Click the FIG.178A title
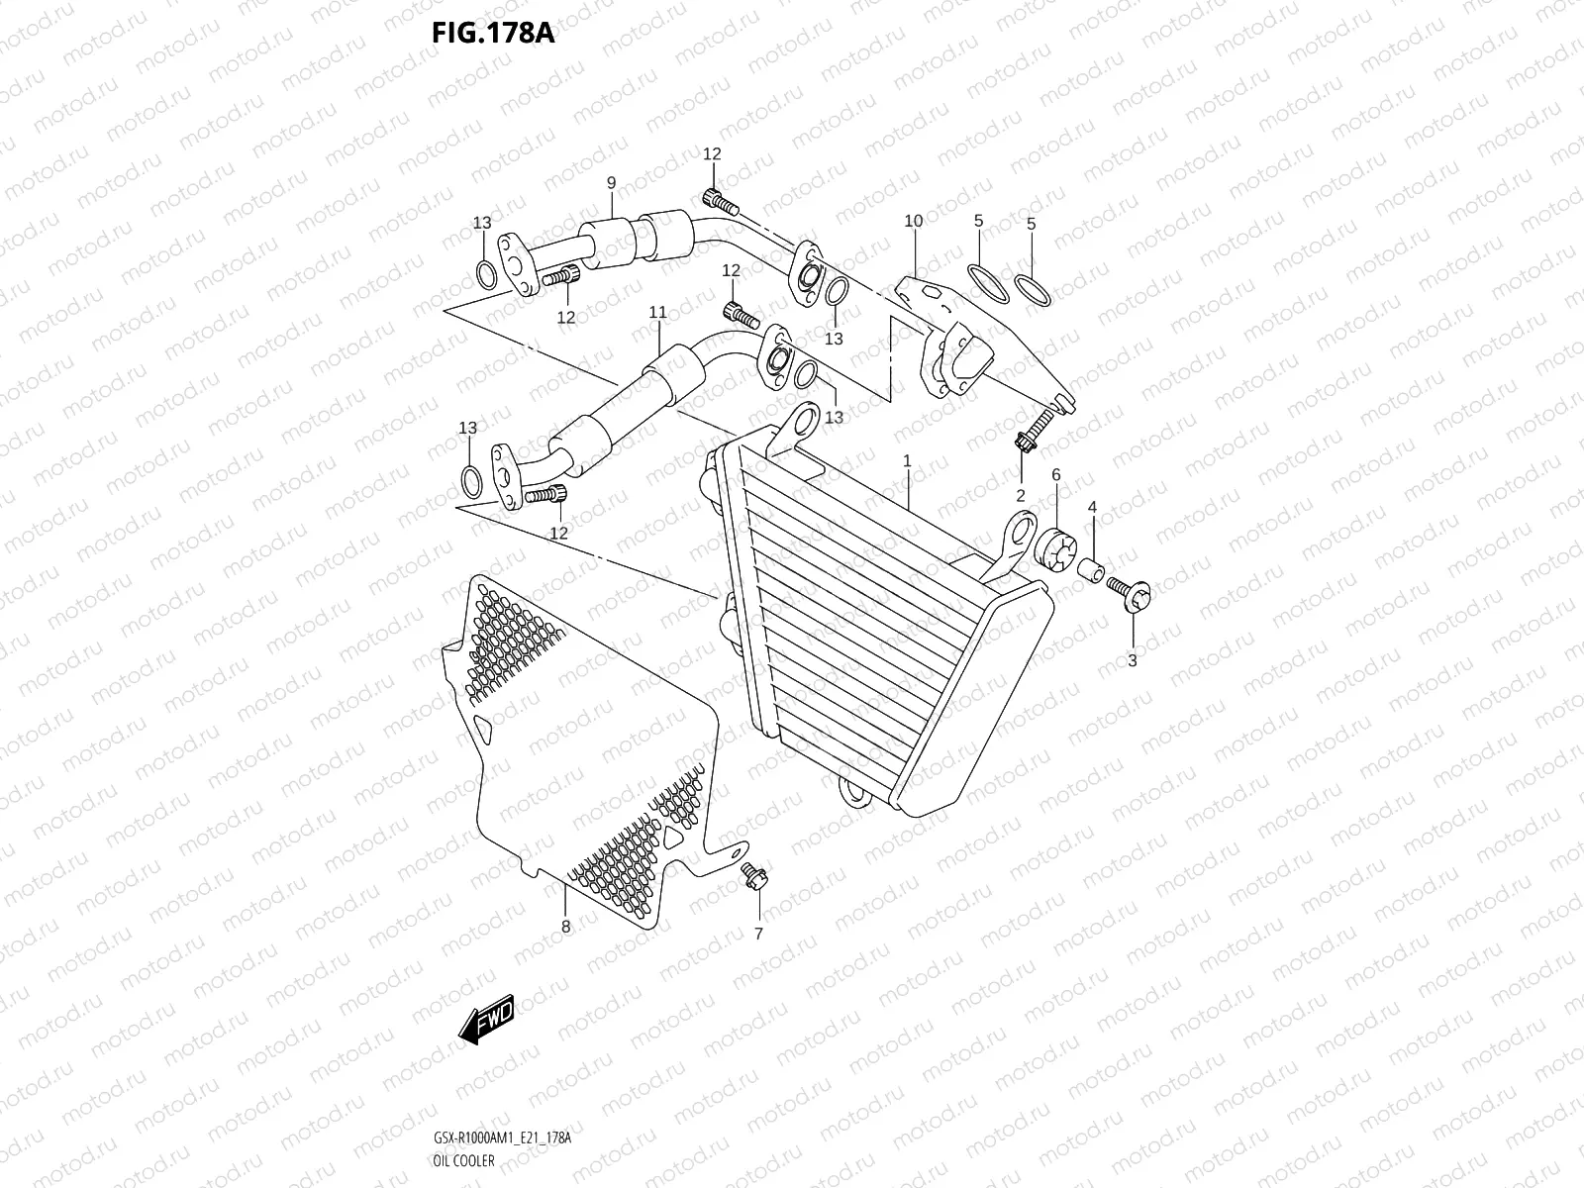click(x=492, y=33)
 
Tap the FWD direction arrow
click(x=486, y=1016)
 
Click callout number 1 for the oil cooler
click(x=906, y=461)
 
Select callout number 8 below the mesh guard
click(x=565, y=928)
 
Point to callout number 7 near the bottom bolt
click(x=759, y=934)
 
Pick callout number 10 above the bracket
click(x=913, y=221)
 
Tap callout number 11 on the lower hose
click(x=657, y=313)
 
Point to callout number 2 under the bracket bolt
click(x=1020, y=495)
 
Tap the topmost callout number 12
click(x=712, y=153)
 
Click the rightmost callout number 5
click(x=1031, y=224)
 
